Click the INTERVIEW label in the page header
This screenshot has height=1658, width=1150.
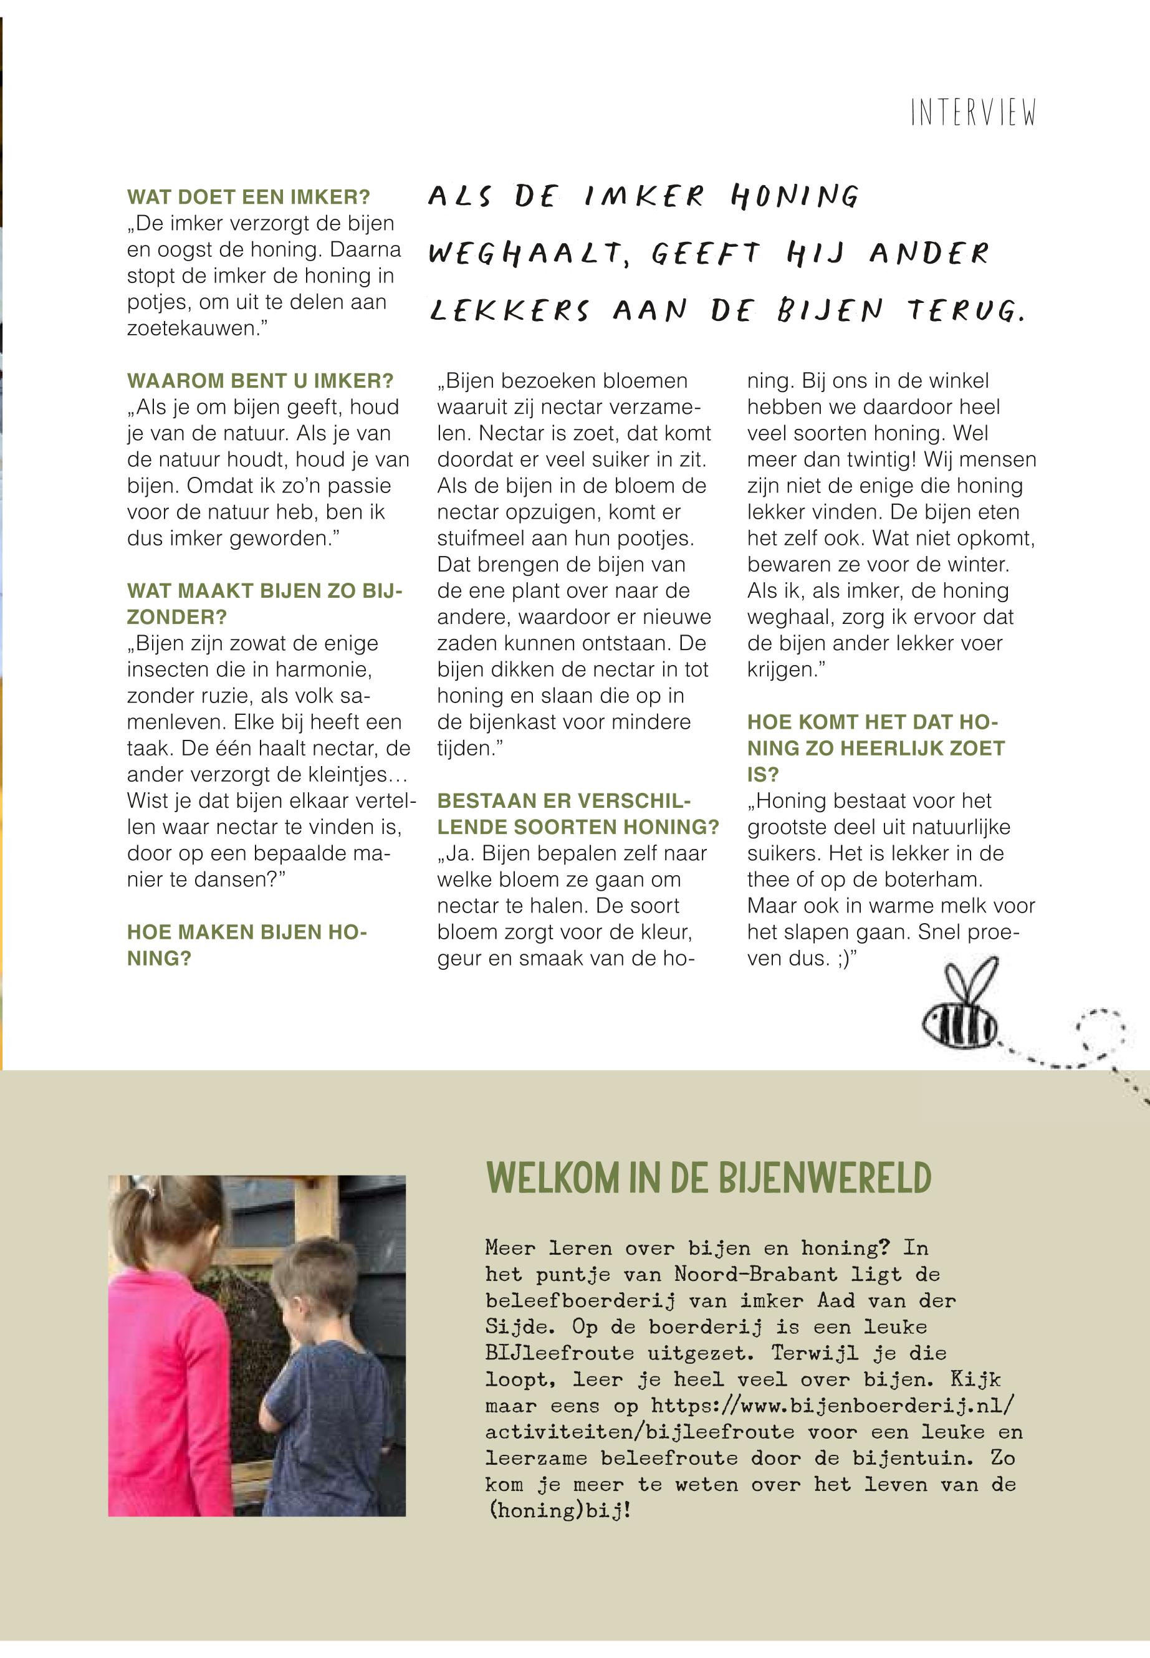[973, 113]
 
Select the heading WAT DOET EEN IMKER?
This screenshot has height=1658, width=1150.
[249, 197]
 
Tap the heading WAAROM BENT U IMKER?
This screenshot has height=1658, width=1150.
[260, 380]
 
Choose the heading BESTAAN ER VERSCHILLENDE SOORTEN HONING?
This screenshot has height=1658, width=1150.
[577, 813]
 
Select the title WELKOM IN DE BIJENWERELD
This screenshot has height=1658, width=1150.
[709, 1179]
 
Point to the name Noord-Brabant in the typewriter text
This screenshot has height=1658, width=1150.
[755, 1274]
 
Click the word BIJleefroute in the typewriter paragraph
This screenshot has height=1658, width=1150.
[559, 1353]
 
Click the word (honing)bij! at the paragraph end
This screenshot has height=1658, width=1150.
[558, 1510]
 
